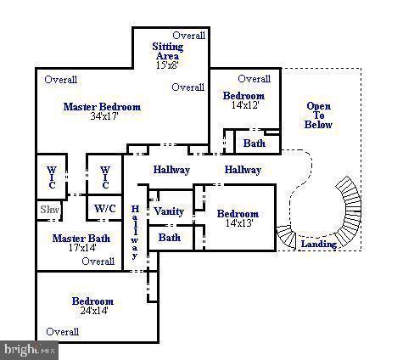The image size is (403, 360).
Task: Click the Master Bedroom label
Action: pyautogui.click(x=102, y=107)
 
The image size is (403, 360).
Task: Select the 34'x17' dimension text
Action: pyautogui.click(x=103, y=116)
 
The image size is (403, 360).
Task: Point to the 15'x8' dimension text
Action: pyautogui.click(x=167, y=65)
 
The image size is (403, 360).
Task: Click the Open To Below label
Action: pyautogui.click(x=318, y=115)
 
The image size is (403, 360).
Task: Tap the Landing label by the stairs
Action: pyautogui.click(x=319, y=245)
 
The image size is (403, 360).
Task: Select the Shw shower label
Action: pyautogui.click(x=48, y=208)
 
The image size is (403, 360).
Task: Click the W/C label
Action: pyautogui.click(x=105, y=208)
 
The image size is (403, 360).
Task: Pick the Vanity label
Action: pyautogui.click(x=170, y=211)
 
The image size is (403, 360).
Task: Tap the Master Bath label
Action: pyautogui.click(x=81, y=239)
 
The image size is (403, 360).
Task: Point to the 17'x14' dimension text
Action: pyautogui.click(x=81, y=249)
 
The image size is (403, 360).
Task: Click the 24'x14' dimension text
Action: pyautogui.click(x=92, y=311)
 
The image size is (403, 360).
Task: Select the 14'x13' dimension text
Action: pyautogui.click(x=238, y=223)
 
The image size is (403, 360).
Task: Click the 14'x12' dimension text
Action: pyautogui.click(x=244, y=105)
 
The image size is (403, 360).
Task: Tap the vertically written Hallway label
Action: pyautogui.click(x=134, y=231)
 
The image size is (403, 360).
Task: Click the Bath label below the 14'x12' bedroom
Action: pyautogui.click(x=254, y=143)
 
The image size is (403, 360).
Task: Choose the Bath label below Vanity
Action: pyautogui.click(x=170, y=238)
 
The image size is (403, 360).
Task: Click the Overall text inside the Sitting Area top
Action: pyautogui.click(x=189, y=36)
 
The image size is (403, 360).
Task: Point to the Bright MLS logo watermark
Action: pyautogui.click(x=29, y=350)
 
